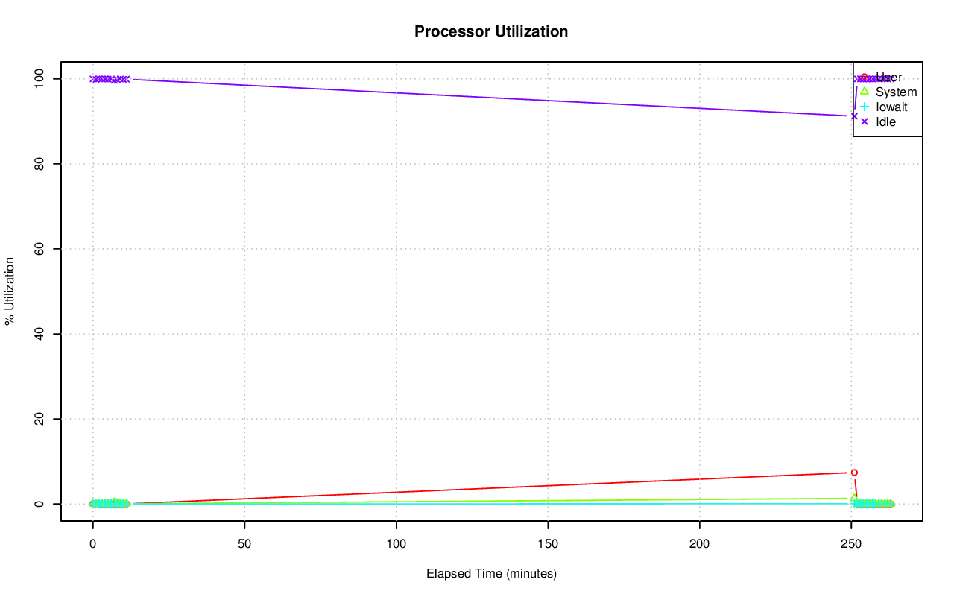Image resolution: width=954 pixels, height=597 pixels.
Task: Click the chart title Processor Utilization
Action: coord(491,31)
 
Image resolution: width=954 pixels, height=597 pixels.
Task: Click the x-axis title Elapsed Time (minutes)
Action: coord(491,574)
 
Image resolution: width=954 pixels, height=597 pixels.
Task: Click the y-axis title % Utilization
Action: coord(10,291)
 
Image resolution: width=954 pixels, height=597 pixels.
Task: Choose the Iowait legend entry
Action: coord(891,107)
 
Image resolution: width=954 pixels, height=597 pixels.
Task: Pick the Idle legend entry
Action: coord(885,122)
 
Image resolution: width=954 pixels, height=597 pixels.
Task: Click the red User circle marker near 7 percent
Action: coord(854,473)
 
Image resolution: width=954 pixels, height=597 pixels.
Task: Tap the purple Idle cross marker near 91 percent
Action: coord(854,116)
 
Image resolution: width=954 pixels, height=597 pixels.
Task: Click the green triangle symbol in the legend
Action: coord(865,92)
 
